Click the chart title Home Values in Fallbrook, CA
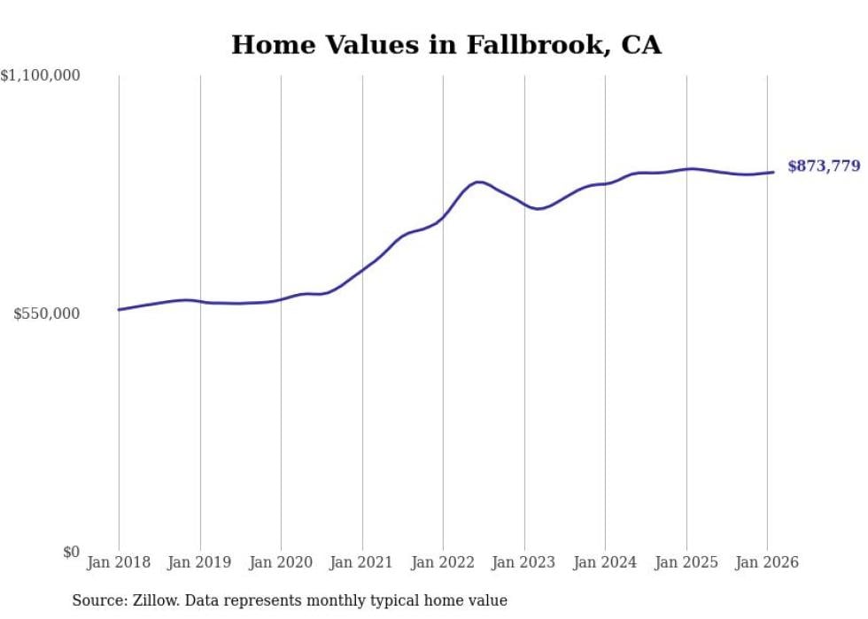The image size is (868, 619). [x=446, y=45]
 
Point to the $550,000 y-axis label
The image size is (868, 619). [x=47, y=313]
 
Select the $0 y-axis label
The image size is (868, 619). [x=71, y=552]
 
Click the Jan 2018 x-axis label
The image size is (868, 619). [x=119, y=562]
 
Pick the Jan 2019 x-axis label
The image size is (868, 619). [x=200, y=562]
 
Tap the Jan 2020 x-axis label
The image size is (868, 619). [x=281, y=562]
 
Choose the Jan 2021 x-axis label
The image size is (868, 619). [x=362, y=562]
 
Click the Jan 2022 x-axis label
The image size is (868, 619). [x=443, y=562]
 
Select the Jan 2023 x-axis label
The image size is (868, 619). [x=524, y=562]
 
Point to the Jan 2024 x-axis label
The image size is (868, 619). [x=605, y=562]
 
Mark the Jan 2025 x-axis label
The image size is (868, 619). [x=686, y=562]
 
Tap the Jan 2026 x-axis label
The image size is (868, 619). [x=767, y=562]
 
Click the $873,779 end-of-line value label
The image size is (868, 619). [x=824, y=166]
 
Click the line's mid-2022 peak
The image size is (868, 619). [x=479, y=182]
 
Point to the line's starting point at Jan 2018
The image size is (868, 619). [x=120, y=309]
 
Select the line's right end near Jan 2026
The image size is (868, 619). [x=773, y=172]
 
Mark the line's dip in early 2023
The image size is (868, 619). [x=537, y=209]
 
